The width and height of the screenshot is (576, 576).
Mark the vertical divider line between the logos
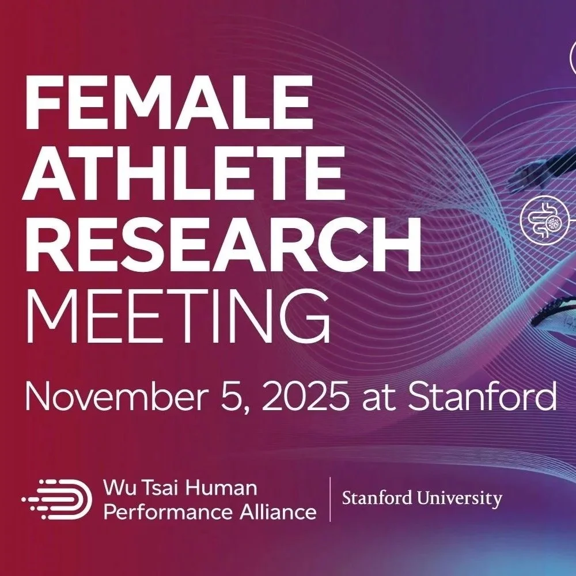329,499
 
